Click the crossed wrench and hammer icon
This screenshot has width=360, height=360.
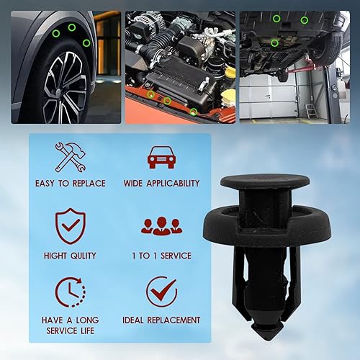[x=70, y=156]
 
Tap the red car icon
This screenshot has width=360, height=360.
[x=161, y=156]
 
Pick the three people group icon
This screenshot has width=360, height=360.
[x=161, y=225]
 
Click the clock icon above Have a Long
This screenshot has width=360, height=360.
[x=70, y=292]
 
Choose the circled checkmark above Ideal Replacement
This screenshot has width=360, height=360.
[x=161, y=292]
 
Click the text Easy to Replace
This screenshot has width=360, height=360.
[x=70, y=184]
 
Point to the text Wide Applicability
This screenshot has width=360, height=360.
[x=161, y=184]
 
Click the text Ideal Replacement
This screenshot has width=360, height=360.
[x=161, y=320]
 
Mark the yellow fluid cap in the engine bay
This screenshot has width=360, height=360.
[x=230, y=73]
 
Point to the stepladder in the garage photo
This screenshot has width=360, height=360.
[x=310, y=110]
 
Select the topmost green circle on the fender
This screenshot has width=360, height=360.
[x=72, y=27]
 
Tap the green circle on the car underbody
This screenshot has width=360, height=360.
[x=274, y=42]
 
